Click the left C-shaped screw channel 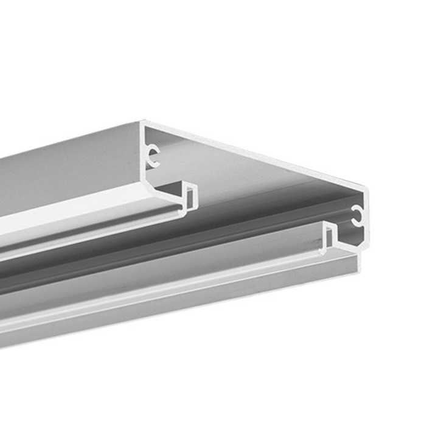point(154,156)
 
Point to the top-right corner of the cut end point(366,189)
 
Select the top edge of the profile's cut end point(255,155)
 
